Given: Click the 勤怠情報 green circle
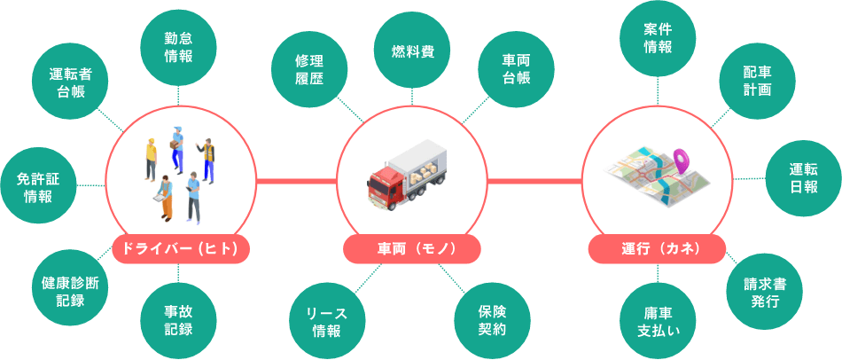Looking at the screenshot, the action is (178, 47).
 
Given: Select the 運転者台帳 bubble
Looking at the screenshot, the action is (70, 81).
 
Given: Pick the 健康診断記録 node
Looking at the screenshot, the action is (70, 291).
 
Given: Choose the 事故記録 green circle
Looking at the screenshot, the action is (178, 320).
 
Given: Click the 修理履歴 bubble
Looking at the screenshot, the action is (309, 69).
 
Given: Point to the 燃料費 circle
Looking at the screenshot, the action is (412, 51).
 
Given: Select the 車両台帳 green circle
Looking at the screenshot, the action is (516, 69).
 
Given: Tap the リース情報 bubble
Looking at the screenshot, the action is (326, 322).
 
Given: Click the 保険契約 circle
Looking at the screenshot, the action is (493, 320).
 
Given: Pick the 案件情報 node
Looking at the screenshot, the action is (658, 39).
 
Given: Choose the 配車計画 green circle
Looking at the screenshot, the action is (757, 81).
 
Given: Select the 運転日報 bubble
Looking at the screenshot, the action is (804, 178).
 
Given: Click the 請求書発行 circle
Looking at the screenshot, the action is (765, 292).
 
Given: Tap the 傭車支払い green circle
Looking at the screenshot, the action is (658, 321).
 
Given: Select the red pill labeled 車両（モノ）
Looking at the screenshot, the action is (412, 249).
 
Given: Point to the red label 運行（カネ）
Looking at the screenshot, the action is (658, 249).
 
